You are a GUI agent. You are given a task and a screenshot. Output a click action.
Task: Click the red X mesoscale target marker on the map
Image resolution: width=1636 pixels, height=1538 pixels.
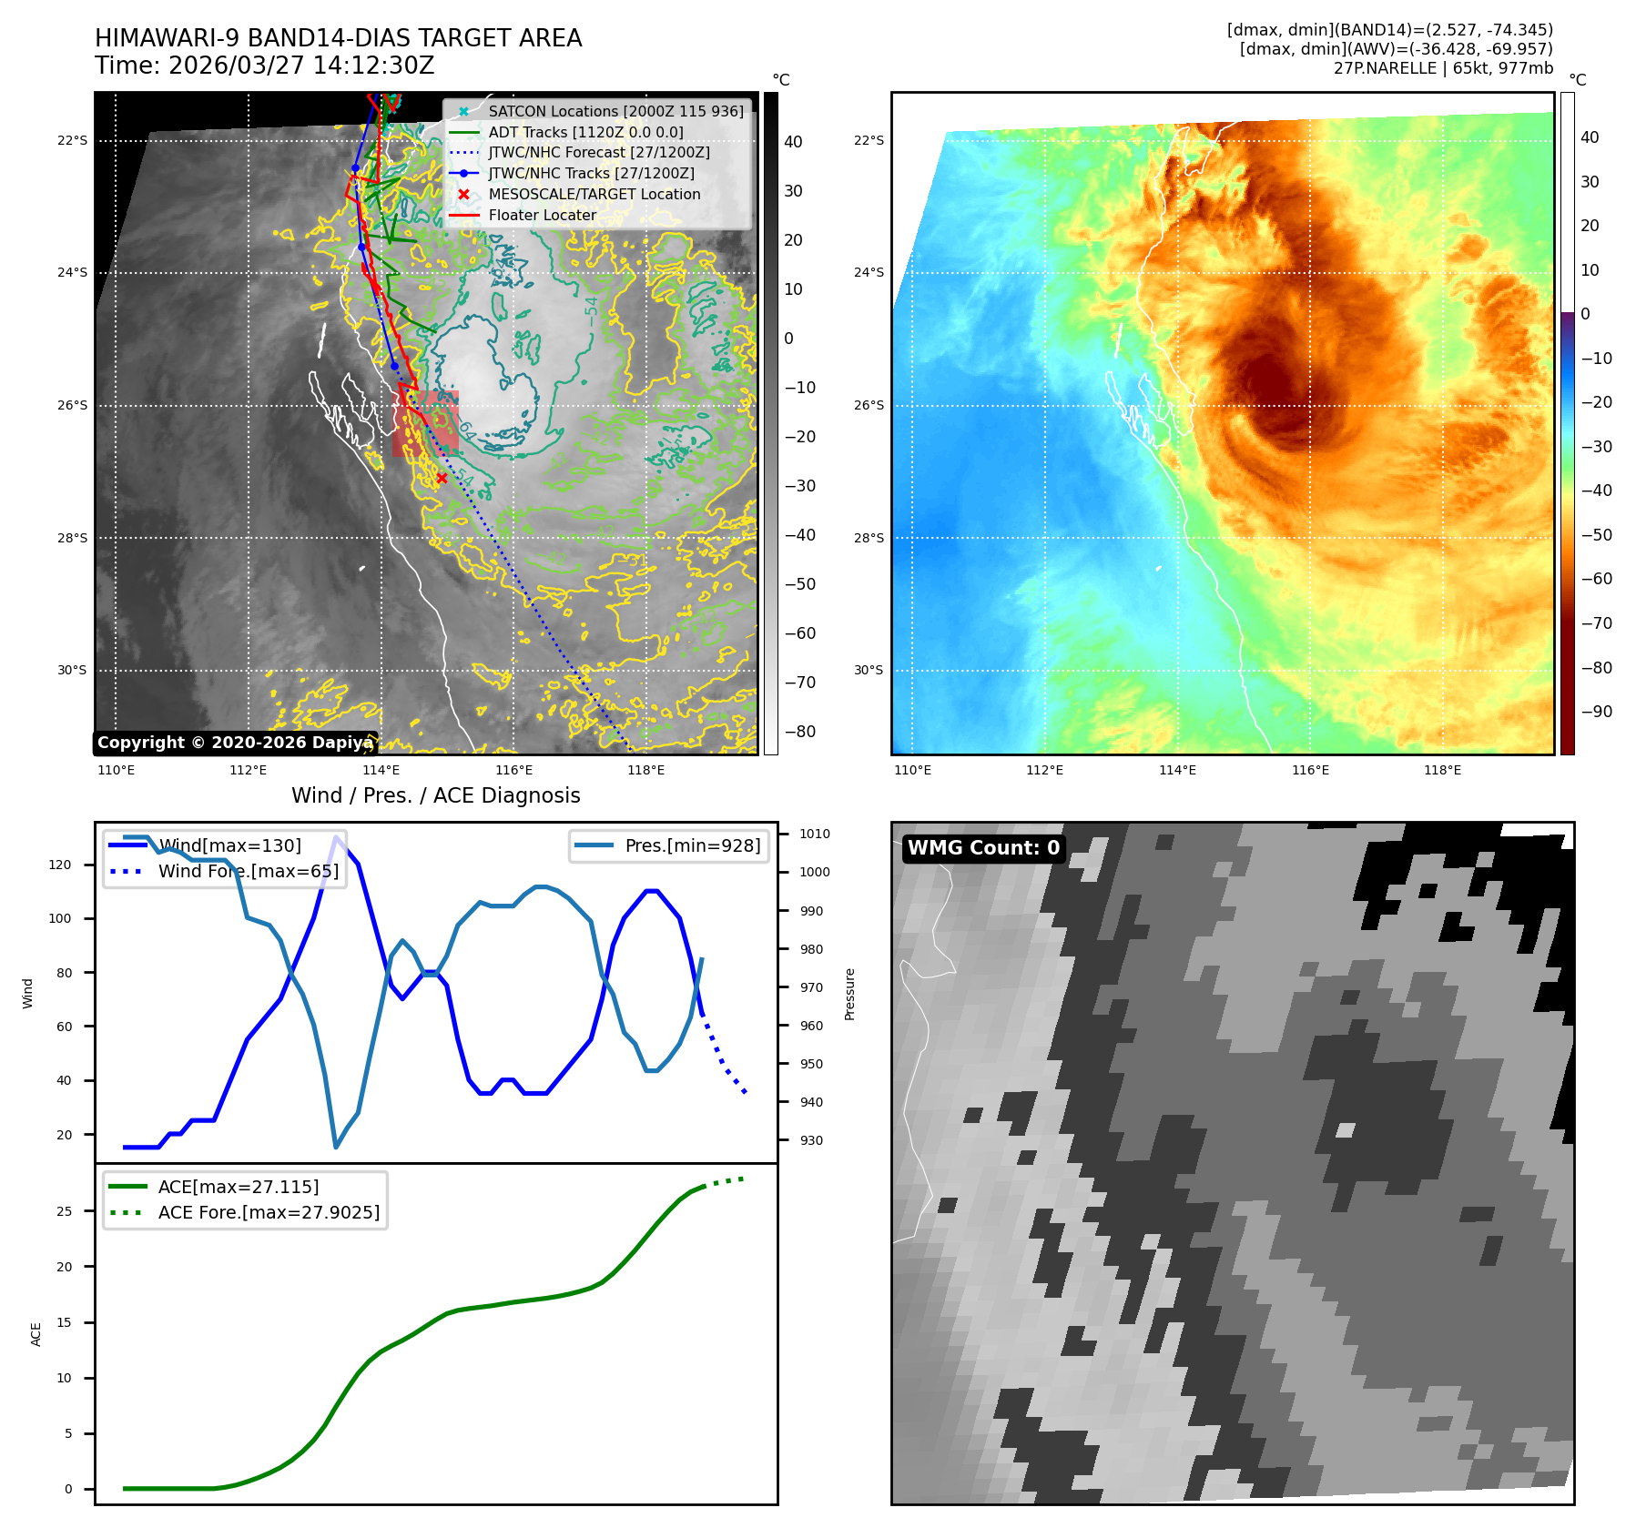[442, 478]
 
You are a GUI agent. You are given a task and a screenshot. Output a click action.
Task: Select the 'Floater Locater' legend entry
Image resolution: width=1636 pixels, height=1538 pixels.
[543, 216]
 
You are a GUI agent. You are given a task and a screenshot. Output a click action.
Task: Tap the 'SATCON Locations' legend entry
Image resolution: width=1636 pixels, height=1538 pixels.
[615, 111]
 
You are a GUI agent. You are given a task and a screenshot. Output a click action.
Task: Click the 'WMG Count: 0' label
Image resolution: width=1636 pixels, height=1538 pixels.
[983, 848]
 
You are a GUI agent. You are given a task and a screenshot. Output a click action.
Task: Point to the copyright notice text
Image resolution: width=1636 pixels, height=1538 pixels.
[235, 743]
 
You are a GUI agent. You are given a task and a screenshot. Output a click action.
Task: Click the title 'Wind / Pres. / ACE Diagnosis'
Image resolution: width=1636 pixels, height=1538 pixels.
[435, 795]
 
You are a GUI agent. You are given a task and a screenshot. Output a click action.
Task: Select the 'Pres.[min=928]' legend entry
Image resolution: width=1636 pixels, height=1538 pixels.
[692, 845]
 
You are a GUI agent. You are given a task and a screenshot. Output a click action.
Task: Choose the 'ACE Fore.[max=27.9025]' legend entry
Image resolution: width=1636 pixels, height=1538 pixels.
[269, 1212]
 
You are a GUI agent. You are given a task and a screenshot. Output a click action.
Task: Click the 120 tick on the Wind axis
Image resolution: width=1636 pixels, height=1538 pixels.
[60, 865]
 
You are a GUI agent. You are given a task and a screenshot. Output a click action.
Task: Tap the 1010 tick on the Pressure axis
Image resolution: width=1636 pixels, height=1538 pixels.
[815, 834]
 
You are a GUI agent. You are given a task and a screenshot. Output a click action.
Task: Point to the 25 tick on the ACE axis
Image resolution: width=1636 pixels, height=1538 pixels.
[64, 1211]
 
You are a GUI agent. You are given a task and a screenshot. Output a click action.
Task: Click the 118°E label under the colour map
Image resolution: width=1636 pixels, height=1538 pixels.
[1442, 771]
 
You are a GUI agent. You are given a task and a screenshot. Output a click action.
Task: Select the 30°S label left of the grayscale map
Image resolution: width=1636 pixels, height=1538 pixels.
[73, 671]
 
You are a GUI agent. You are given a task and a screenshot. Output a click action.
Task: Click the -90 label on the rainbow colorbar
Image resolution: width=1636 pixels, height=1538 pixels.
[1596, 712]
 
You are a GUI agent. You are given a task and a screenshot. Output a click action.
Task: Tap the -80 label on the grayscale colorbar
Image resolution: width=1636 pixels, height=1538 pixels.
[800, 732]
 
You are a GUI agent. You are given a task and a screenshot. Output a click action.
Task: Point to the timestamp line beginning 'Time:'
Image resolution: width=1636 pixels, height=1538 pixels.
[264, 66]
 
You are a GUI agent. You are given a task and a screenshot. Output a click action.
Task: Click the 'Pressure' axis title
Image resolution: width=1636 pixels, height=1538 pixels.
[849, 994]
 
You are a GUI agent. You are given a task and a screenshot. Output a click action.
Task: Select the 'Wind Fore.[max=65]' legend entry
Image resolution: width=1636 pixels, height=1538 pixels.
[248, 871]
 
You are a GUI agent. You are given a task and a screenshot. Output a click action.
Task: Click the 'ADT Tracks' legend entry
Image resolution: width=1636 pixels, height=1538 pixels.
[585, 132]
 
